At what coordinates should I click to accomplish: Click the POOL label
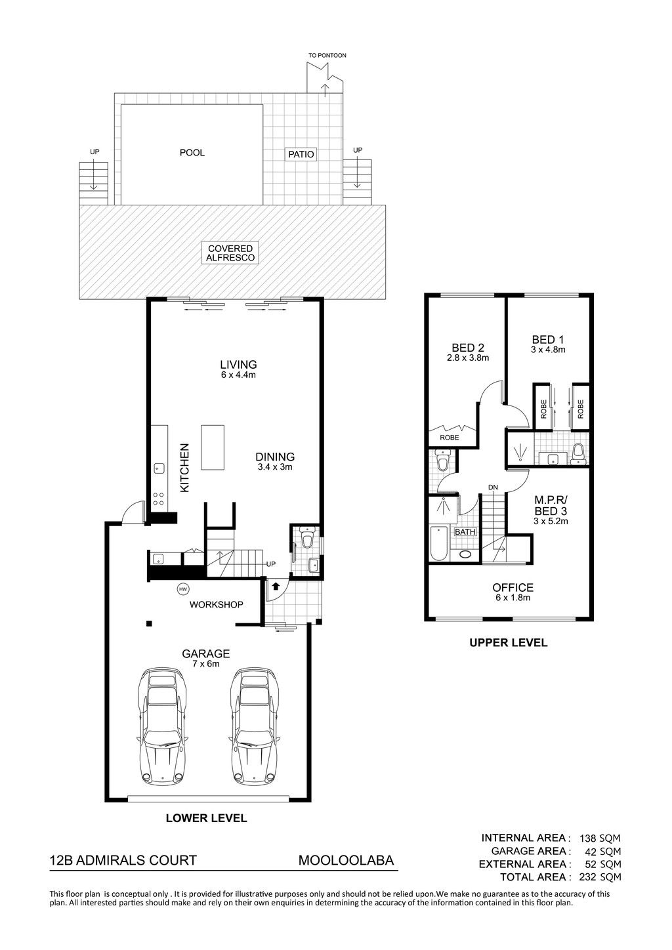(192, 153)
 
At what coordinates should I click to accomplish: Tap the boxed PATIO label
(301, 154)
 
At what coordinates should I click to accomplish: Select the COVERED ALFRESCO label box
(230, 253)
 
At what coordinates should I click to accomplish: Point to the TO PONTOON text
(327, 56)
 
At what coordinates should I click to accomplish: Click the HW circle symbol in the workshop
(183, 589)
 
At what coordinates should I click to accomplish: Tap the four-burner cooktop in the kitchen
(159, 499)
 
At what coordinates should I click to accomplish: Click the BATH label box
(465, 532)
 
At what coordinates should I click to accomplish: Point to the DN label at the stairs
(493, 487)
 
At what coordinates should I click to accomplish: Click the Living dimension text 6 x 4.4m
(238, 375)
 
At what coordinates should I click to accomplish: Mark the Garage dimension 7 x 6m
(206, 664)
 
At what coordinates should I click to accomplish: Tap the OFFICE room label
(513, 587)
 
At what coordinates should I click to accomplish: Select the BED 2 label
(468, 348)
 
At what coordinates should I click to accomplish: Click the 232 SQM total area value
(600, 877)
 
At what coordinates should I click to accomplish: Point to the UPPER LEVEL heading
(508, 642)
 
